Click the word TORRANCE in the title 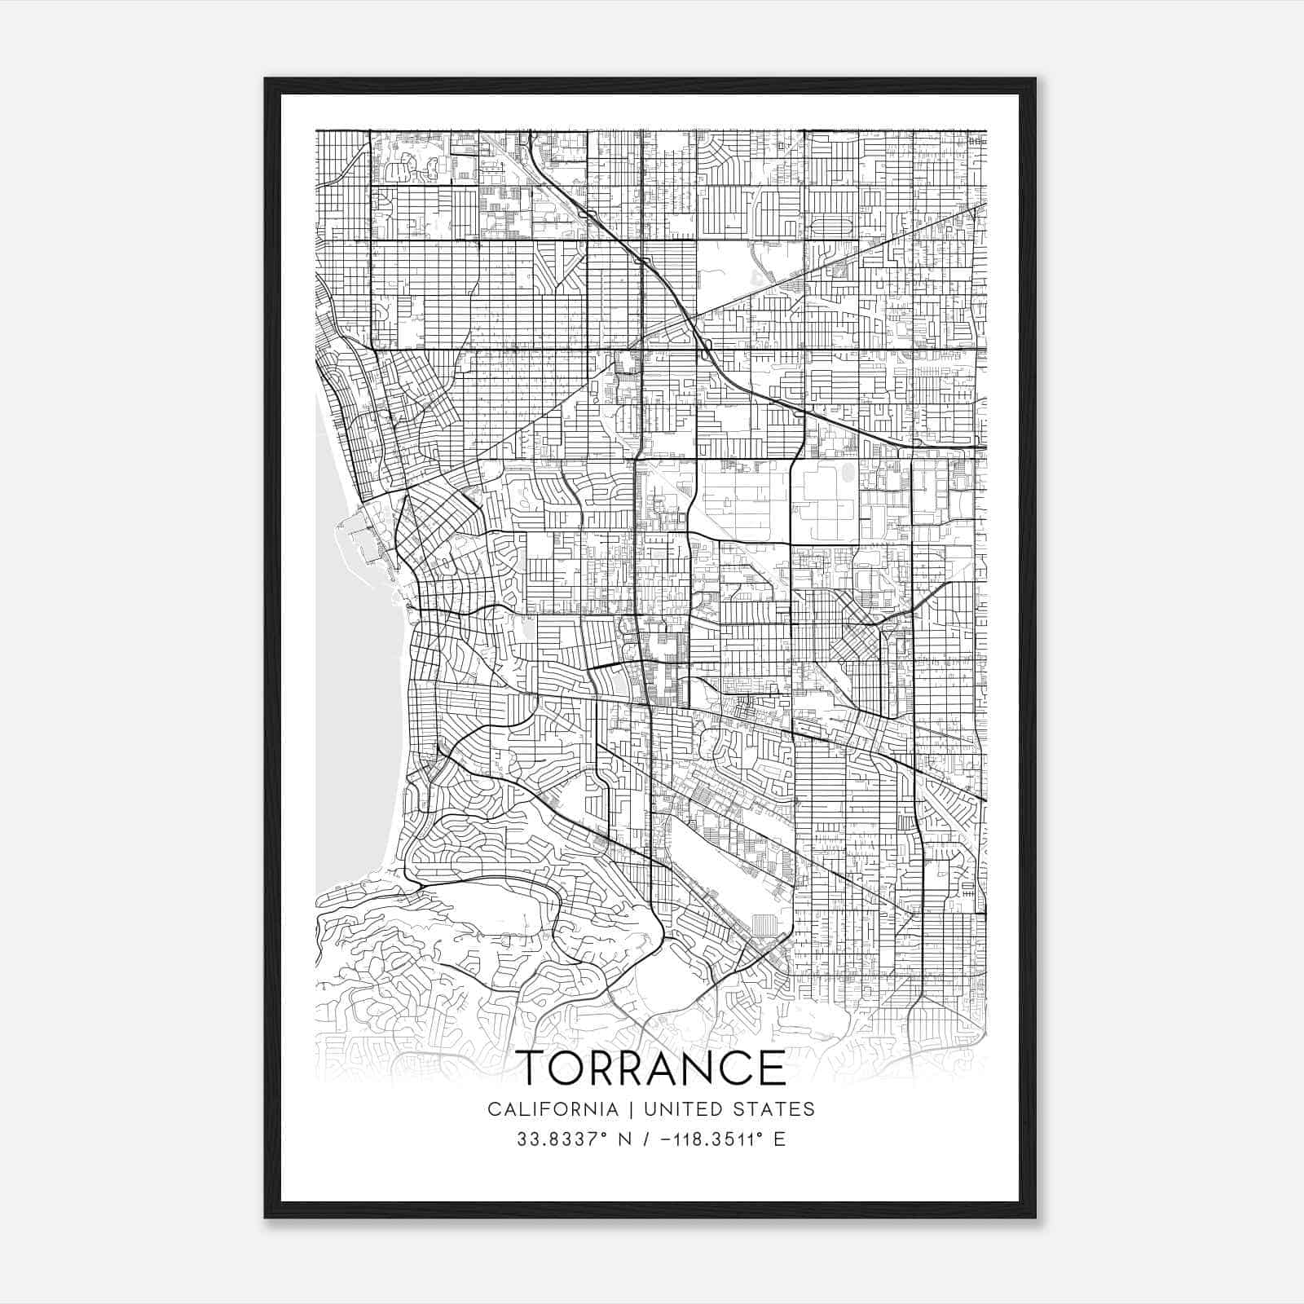click(x=652, y=1068)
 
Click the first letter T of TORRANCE click(x=534, y=1068)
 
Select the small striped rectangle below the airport click(x=764, y=926)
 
